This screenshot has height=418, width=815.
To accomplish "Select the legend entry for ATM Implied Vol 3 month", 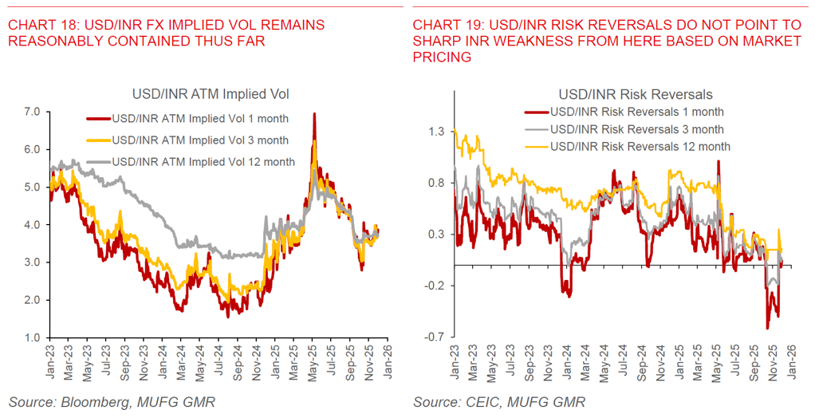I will [x=200, y=140].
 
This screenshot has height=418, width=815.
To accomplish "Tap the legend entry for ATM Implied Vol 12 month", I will [x=203, y=162].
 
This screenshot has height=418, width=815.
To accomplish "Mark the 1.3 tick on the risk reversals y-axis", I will [x=435, y=131].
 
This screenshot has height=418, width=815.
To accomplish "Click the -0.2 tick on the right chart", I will [x=434, y=286].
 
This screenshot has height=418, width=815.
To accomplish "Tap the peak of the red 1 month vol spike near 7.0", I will [x=314, y=114].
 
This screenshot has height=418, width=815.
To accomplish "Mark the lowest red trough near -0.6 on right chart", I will [x=768, y=327].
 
